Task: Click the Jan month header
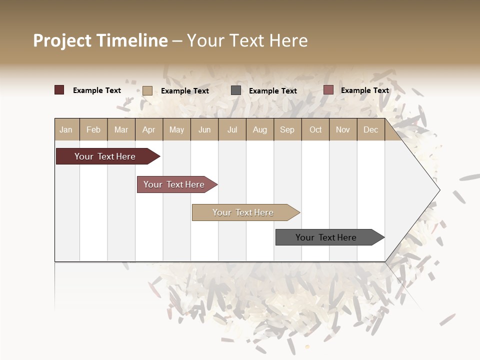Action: [x=66, y=129]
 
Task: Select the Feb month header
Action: [x=93, y=129]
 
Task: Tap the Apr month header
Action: [x=148, y=129]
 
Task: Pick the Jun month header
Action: [x=204, y=129]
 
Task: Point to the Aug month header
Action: [x=259, y=129]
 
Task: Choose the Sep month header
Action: [x=287, y=129]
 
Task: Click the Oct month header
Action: [x=315, y=129]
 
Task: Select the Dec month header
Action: [x=370, y=129]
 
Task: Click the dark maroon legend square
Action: [x=59, y=90]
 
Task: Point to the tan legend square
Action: [x=147, y=90]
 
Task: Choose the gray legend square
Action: [x=236, y=90]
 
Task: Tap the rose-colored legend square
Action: [x=328, y=90]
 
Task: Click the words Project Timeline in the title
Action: [x=100, y=40]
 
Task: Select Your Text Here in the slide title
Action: [x=247, y=40]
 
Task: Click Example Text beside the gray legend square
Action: [x=272, y=91]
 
